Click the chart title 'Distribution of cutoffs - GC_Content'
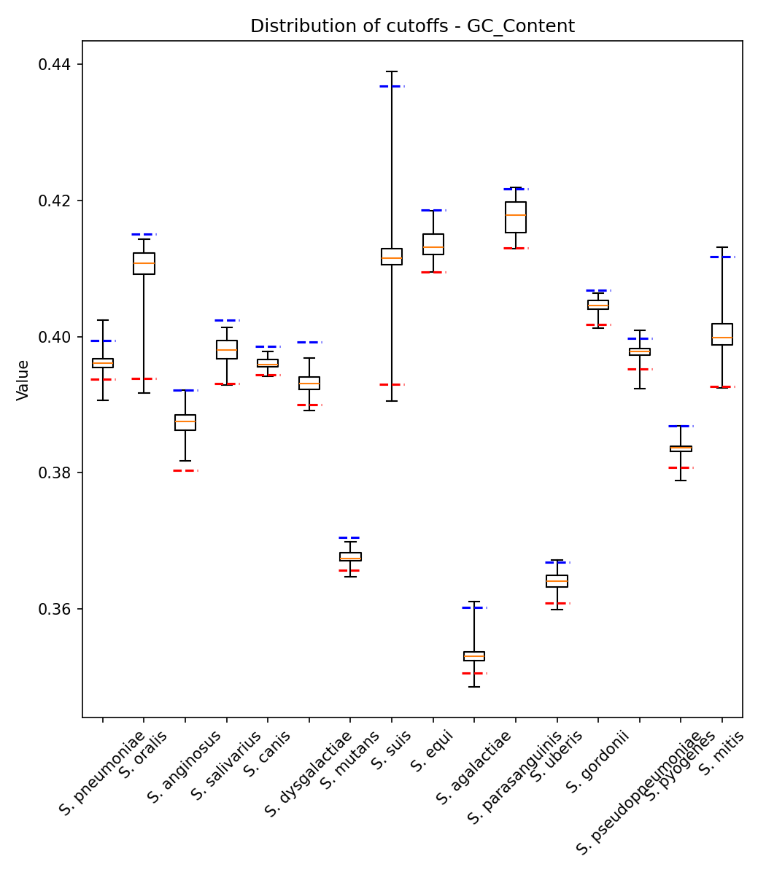coord(412,27)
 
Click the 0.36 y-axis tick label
coord(55,609)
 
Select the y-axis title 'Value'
coord(23,380)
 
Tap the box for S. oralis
coord(144,263)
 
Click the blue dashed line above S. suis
coord(392,86)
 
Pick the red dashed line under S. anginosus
coord(185,470)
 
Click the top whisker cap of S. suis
coord(392,71)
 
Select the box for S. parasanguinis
coord(516,217)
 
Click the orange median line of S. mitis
coord(722,338)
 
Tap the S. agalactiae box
coord(474,656)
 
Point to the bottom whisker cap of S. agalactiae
coord(474,687)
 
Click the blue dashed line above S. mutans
coord(350,537)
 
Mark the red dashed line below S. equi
coord(433,272)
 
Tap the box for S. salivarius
coord(227,349)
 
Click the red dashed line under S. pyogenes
coord(681,467)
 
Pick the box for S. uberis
coord(557,581)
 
